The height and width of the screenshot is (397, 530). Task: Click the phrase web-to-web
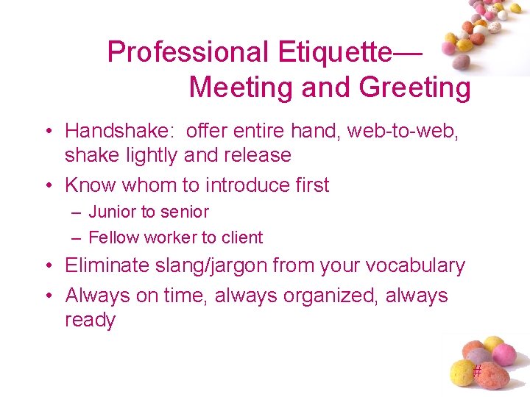click(413, 131)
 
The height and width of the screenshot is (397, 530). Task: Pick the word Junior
click(109, 212)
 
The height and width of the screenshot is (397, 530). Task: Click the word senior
click(185, 212)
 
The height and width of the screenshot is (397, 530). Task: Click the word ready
click(91, 321)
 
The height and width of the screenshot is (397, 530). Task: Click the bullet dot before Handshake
click(46, 132)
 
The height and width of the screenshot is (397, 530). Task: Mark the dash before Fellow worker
click(77, 237)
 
